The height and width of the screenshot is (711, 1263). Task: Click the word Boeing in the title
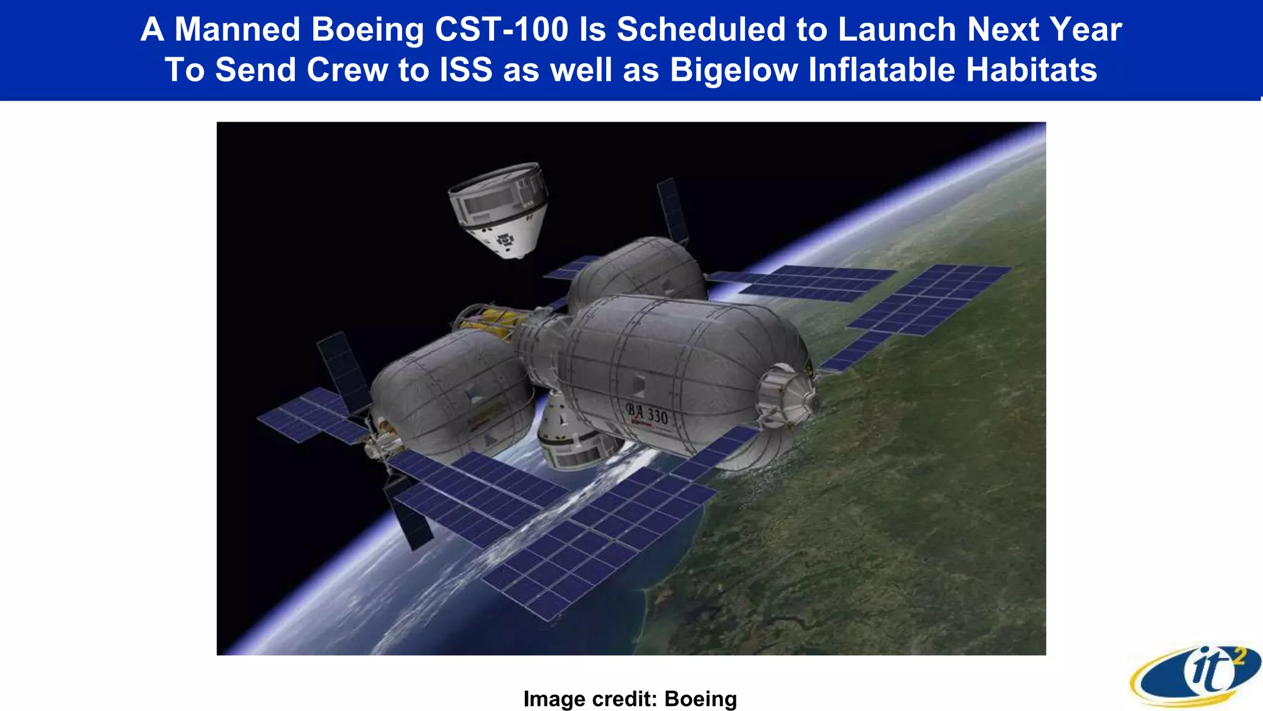coord(368,30)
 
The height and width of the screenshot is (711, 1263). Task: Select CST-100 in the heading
coord(501,30)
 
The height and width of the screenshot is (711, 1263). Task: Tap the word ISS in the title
coord(466,70)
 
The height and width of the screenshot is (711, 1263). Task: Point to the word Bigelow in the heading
coord(733,70)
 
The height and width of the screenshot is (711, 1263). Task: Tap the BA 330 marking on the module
coord(647,414)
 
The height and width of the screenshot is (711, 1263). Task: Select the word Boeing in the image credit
coord(701,699)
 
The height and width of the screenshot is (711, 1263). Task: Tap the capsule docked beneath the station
coord(570,432)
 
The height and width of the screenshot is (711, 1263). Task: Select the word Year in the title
coord(1086,30)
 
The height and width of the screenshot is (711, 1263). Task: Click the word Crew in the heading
coord(347,70)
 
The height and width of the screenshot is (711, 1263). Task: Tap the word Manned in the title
coord(237,30)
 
